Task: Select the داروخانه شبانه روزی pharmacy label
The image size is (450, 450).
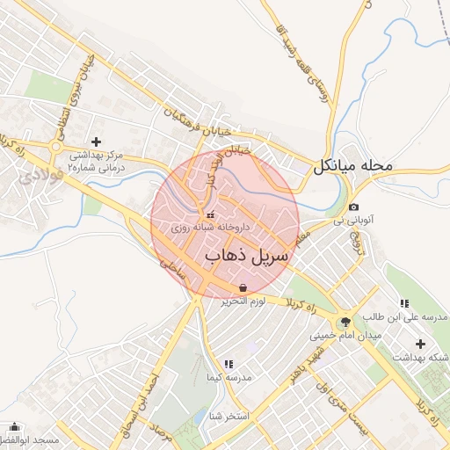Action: [211, 228]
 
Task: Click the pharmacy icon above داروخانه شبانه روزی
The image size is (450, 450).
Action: [208, 215]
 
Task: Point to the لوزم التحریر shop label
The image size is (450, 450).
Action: [243, 301]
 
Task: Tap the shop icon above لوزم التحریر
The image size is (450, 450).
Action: [243, 287]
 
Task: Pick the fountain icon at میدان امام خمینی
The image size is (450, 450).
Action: [345, 323]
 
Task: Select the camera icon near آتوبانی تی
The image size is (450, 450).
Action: [353, 207]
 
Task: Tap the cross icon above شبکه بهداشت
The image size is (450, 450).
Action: [420, 343]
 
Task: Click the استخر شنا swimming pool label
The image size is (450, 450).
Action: [230, 416]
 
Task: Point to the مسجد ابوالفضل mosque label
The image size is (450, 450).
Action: [28, 439]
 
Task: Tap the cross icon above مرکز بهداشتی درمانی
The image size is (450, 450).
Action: [96, 142]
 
